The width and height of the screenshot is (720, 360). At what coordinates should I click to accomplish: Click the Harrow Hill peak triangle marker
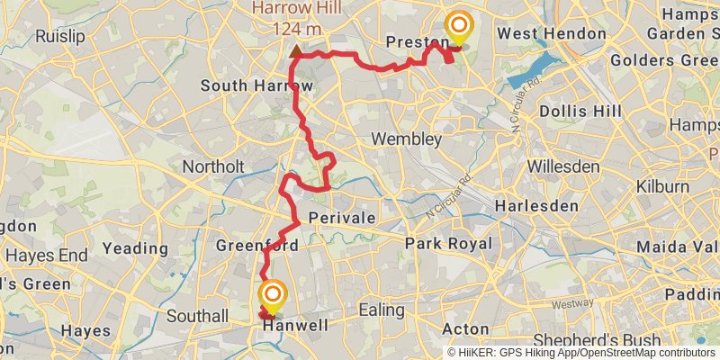[x=296, y=50]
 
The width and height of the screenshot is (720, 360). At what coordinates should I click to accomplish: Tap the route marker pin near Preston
[x=459, y=28]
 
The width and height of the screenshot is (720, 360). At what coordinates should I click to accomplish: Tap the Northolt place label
[x=213, y=166]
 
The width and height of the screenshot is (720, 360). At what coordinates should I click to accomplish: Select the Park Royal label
[x=448, y=244]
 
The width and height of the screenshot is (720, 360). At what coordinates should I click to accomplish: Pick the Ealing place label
[x=382, y=310]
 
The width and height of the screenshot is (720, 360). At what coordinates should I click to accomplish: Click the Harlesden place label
[x=541, y=205]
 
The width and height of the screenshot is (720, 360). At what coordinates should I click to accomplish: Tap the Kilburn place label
[x=660, y=187]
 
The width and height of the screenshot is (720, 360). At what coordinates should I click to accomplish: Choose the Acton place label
[x=466, y=329]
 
